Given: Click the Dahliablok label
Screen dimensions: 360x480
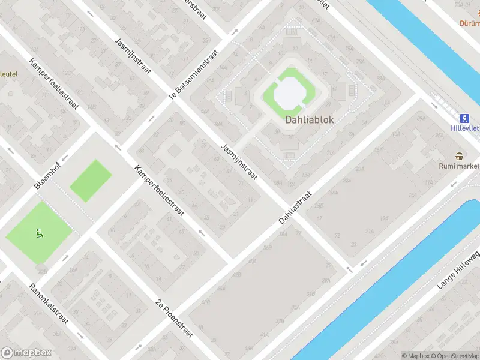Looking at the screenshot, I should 309,119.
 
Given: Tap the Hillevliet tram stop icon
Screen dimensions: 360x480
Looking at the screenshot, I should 463,118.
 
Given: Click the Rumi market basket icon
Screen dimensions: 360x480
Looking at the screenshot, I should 460,156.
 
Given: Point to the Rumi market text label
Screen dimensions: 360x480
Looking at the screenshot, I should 460,166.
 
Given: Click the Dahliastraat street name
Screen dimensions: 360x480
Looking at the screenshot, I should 296,209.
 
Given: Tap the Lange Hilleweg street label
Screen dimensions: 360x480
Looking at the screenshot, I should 458,269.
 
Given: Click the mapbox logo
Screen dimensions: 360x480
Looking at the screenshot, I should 25,353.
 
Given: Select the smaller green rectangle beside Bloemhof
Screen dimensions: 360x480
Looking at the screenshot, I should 91,181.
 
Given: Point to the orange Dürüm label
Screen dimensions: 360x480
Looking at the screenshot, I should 469,24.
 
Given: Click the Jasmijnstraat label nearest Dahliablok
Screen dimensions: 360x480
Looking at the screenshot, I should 239,162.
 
